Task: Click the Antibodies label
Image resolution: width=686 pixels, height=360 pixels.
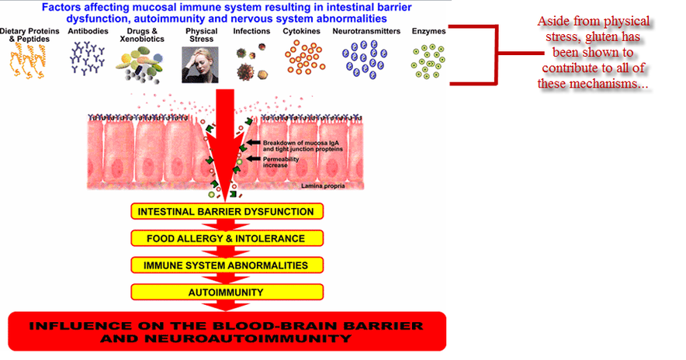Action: [88, 31]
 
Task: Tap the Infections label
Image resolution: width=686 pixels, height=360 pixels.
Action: [251, 31]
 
